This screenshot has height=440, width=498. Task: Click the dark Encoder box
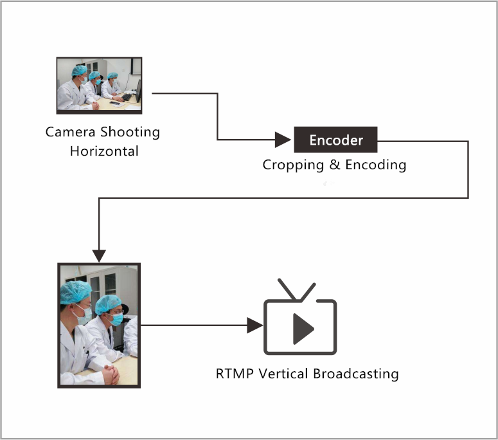(335, 140)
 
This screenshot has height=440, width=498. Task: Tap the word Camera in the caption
(70, 132)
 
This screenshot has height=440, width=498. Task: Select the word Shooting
(130, 133)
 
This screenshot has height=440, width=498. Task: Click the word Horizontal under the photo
(104, 151)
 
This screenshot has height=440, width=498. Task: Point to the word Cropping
(293, 165)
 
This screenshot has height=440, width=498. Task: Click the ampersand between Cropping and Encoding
(335, 165)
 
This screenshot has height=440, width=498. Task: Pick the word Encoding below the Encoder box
(376, 165)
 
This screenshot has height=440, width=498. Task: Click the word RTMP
(235, 374)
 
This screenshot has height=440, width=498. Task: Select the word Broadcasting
(356, 374)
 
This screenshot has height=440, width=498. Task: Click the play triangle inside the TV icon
(303, 329)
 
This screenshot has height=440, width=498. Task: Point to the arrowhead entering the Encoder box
(283, 140)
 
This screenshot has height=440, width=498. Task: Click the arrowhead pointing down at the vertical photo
(99, 255)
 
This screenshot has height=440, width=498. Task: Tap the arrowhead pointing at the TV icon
(254, 325)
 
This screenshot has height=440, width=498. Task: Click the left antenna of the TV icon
(287, 289)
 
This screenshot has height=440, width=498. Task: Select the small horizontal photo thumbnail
(99, 85)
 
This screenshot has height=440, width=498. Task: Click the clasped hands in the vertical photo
(111, 374)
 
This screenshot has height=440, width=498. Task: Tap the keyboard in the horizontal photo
(127, 97)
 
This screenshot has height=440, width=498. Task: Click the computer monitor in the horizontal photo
(138, 91)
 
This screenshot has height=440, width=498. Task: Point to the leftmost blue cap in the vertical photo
(75, 292)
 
